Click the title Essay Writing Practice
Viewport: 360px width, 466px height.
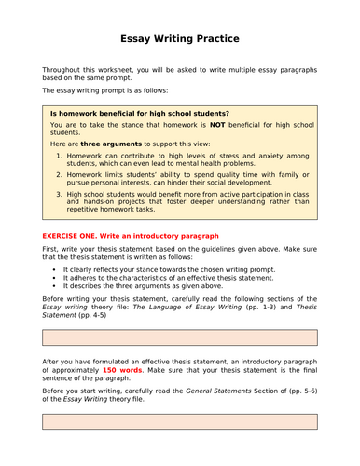pyautogui.click(x=180, y=39)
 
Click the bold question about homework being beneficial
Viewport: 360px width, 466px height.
pyautogui.click(x=139, y=113)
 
